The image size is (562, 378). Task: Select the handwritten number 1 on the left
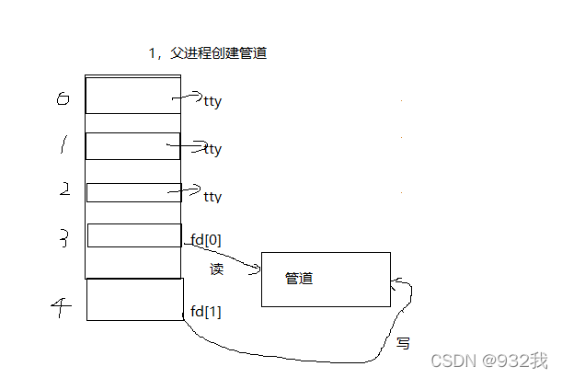point(63,144)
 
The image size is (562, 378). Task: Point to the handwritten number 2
point(64,190)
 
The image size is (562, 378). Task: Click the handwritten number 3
point(64,239)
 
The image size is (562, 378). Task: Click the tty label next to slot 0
point(213,101)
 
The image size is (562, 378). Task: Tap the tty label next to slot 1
point(213,149)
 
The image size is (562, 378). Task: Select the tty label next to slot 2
point(212,197)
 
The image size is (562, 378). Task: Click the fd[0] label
point(205,240)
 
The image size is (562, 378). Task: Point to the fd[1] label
point(205,311)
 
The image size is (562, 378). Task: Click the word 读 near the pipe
point(217,269)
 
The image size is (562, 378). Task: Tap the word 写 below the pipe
point(403,343)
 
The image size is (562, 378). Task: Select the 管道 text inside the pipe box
point(299,278)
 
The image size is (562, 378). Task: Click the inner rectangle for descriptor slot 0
point(132,96)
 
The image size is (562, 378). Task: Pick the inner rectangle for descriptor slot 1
point(132,146)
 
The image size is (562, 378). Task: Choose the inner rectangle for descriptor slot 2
point(132,192)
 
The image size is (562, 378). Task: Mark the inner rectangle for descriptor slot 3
point(134,235)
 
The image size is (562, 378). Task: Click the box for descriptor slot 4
point(134,300)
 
